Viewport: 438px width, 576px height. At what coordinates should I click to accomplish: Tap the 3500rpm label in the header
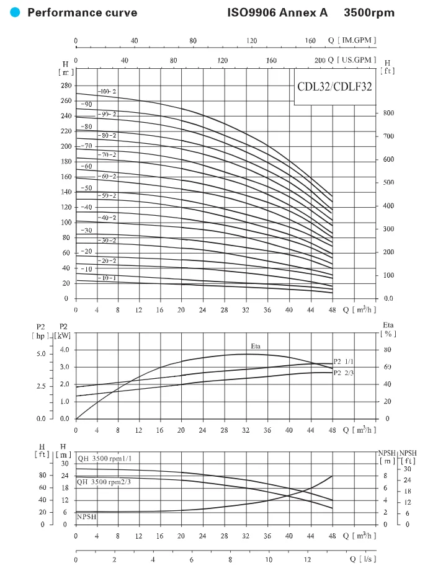click(x=369, y=12)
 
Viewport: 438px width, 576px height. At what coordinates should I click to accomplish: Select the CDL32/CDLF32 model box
click(x=334, y=87)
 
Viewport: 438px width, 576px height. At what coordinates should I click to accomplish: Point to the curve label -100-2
click(x=107, y=91)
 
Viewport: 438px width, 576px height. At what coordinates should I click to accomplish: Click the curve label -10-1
click(x=107, y=278)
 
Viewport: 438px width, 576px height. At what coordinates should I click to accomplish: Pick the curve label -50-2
click(x=107, y=195)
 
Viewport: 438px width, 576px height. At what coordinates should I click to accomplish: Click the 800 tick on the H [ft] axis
click(x=389, y=113)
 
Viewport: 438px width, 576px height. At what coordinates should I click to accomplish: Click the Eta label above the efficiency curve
click(x=256, y=346)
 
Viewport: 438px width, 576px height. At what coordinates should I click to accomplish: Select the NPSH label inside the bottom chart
click(x=86, y=516)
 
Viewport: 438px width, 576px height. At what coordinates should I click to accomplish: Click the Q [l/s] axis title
click(x=363, y=559)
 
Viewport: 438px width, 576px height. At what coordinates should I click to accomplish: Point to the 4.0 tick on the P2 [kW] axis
click(x=65, y=350)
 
